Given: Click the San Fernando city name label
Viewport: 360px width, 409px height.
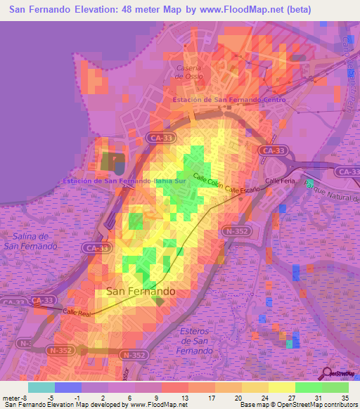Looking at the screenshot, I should [x=140, y=290].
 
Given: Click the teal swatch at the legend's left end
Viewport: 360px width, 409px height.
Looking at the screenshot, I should [x=41, y=387].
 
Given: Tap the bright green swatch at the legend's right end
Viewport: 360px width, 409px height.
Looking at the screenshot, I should [x=335, y=387].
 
